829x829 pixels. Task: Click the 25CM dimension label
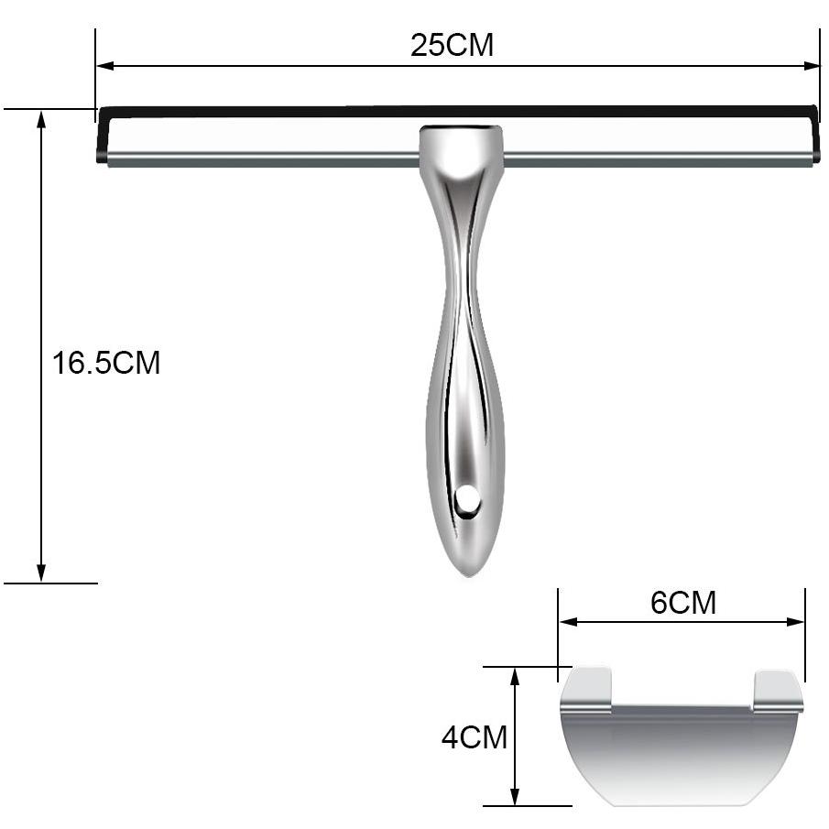point(452,45)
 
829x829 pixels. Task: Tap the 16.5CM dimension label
point(105,363)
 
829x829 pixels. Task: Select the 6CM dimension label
point(683,602)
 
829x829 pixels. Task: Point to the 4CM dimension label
point(474,737)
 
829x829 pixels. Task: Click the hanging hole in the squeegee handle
point(467,499)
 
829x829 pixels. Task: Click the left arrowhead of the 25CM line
point(105,66)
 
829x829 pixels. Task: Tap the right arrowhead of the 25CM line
point(812,66)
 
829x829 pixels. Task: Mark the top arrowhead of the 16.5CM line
point(41,119)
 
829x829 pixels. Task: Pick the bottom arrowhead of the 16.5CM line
point(41,573)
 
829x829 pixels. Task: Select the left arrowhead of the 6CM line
point(568,622)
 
